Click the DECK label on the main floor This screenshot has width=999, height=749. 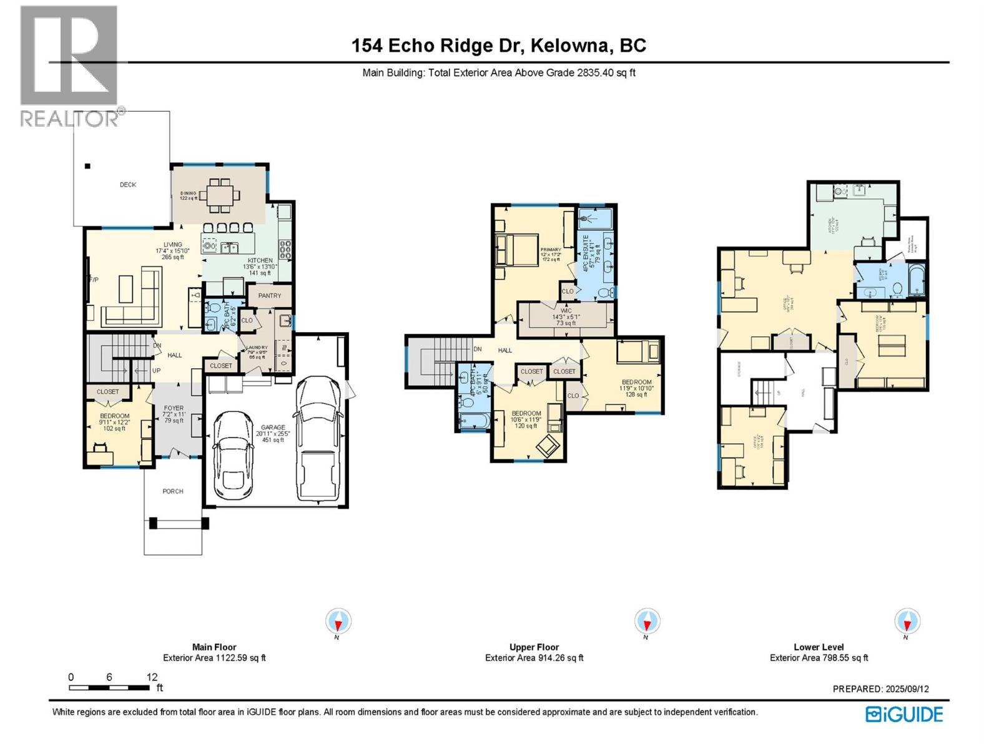(128, 185)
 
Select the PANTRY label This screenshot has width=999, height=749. (270, 296)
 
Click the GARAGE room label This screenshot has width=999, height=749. (273, 428)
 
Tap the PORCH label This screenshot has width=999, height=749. (173, 491)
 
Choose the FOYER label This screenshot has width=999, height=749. (174, 408)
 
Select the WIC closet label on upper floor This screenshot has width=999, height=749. (566, 310)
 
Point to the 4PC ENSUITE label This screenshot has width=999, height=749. (586, 253)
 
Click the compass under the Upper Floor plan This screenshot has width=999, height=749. (647, 622)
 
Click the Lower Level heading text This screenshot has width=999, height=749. (819, 647)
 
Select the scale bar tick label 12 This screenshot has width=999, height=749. (152, 677)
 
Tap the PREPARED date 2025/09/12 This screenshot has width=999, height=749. (907, 689)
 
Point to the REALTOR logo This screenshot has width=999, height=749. (69, 66)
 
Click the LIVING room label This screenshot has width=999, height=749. (173, 245)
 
